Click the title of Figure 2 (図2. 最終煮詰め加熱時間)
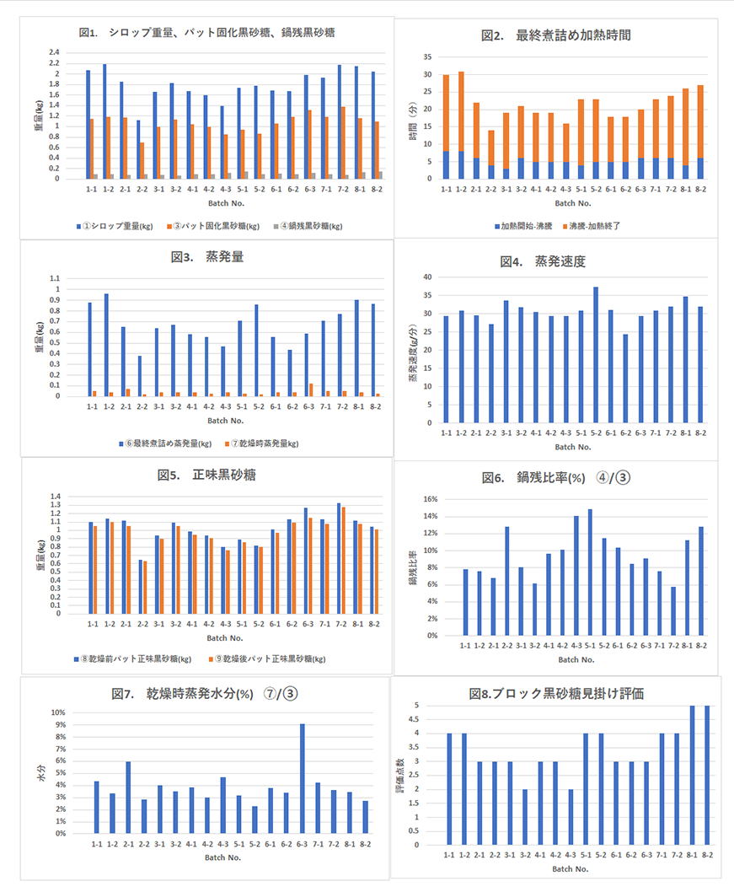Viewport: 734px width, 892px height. [x=555, y=35]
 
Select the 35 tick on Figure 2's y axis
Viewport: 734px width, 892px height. [x=426, y=57]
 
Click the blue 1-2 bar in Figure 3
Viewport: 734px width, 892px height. [x=106, y=345]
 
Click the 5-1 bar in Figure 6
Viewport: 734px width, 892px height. [x=590, y=572]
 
